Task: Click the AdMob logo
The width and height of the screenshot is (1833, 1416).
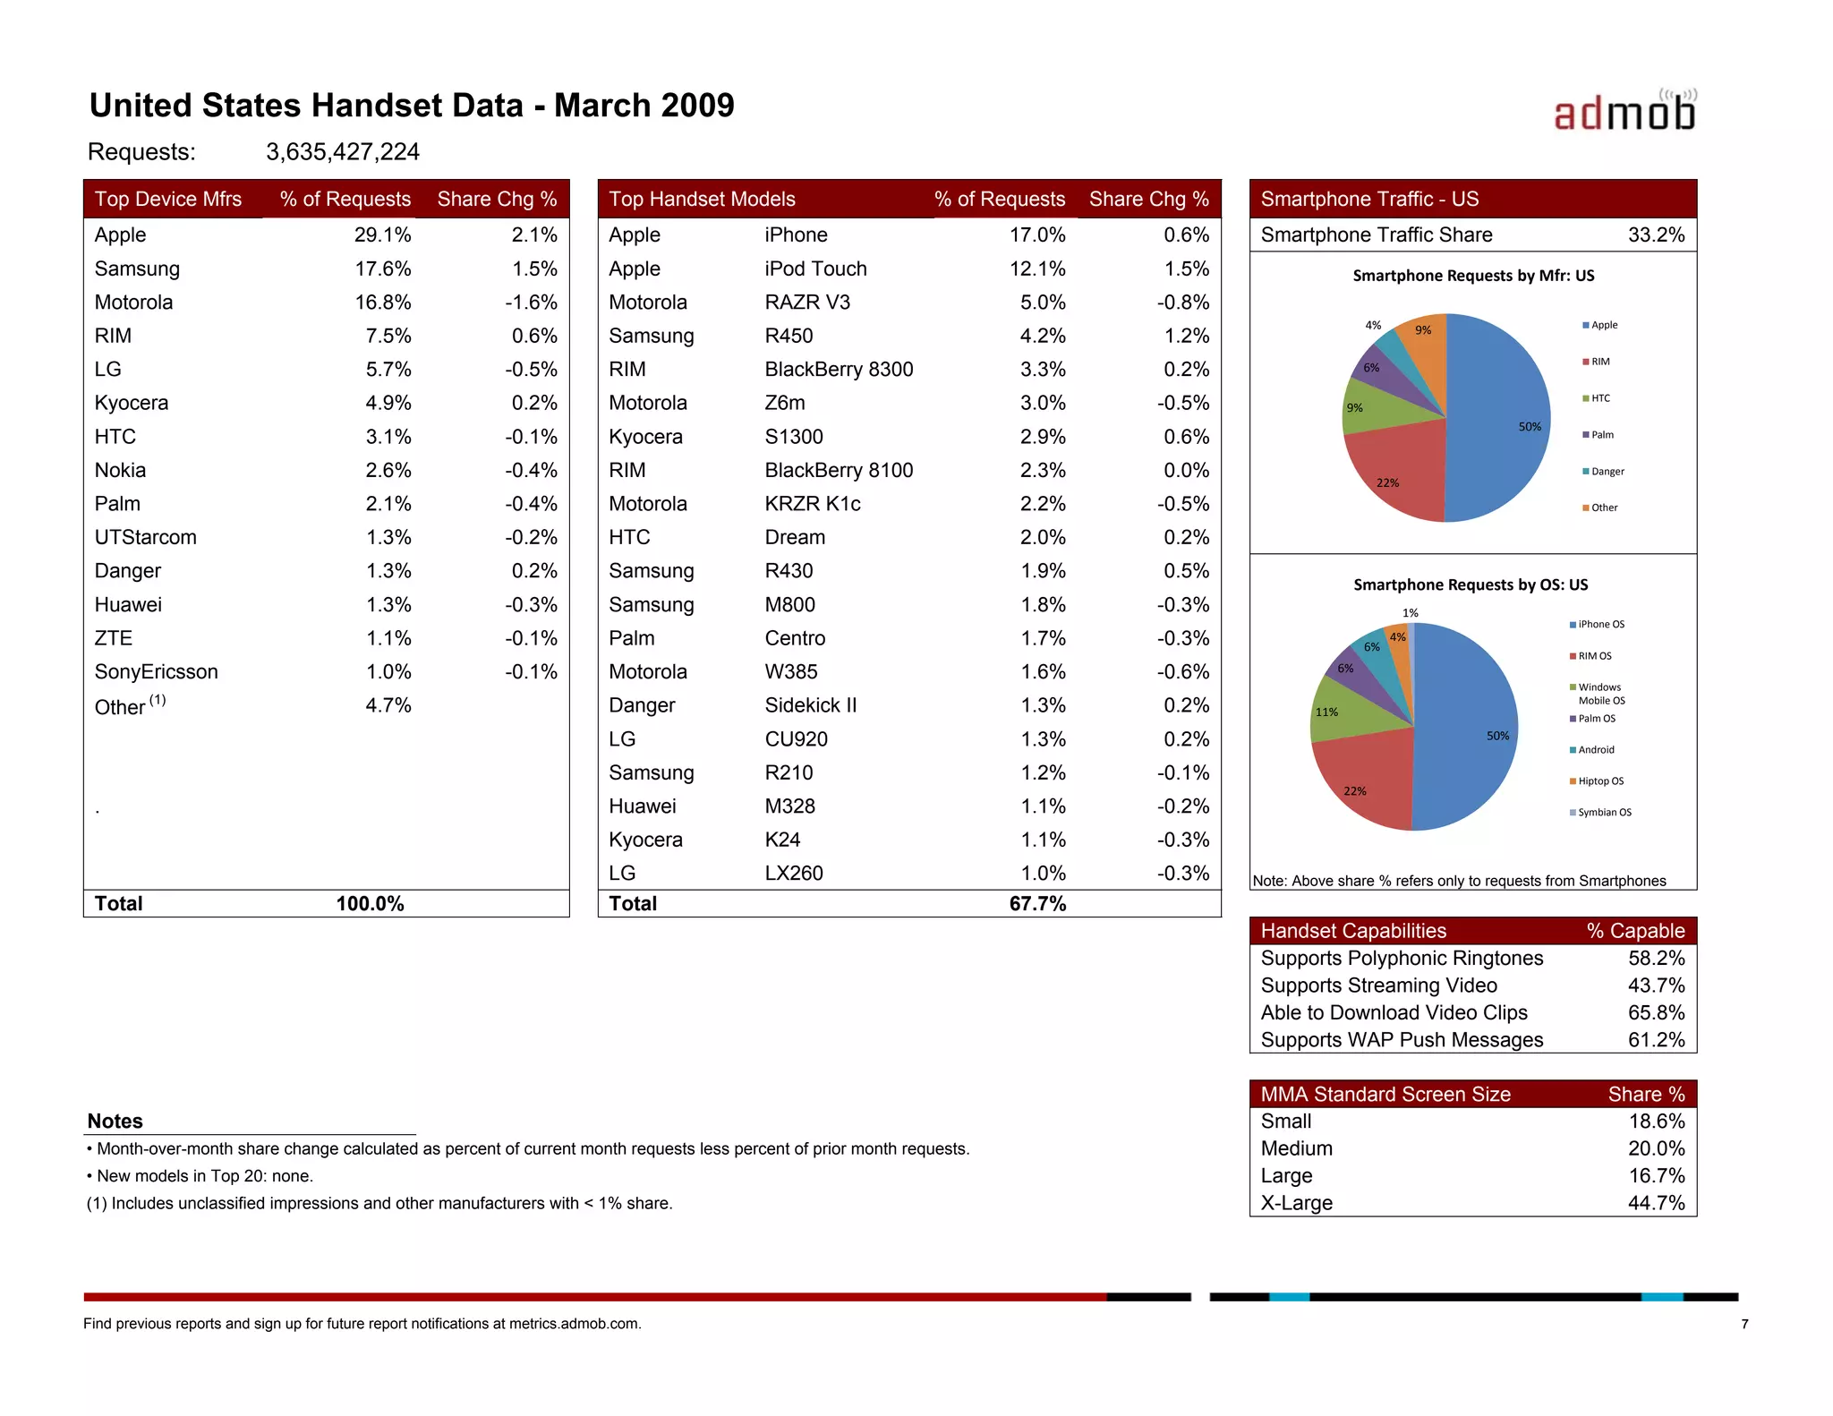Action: tap(1624, 112)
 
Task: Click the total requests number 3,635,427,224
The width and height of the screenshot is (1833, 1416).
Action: tap(342, 152)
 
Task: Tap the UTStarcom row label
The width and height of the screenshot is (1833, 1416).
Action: tap(145, 537)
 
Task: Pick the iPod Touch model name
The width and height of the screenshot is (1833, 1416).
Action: tap(815, 269)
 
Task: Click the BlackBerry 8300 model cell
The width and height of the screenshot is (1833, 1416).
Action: tap(839, 370)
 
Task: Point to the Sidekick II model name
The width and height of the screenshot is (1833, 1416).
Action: tap(810, 705)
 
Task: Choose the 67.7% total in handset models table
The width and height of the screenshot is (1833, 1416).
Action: tap(1037, 904)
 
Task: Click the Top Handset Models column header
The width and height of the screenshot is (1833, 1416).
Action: tap(702, 199)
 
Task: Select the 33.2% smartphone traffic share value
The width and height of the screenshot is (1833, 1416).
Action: tap(1656, 235)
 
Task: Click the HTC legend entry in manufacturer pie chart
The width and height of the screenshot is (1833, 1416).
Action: tap(1600, 398)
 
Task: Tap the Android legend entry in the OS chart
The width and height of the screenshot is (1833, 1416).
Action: tap(1596, 750)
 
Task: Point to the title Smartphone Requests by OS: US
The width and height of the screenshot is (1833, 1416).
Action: tap(1471, 584)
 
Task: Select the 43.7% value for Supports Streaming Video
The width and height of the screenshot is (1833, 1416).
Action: tap(1656, 985)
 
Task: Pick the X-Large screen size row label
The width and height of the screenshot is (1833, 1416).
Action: tap(1296, 1203)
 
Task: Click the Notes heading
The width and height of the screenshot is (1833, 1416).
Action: tap(115, 1122)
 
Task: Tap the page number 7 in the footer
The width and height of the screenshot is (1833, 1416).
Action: tap(1744, 1324)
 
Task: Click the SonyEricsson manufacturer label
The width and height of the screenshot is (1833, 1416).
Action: tap(156, 672)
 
